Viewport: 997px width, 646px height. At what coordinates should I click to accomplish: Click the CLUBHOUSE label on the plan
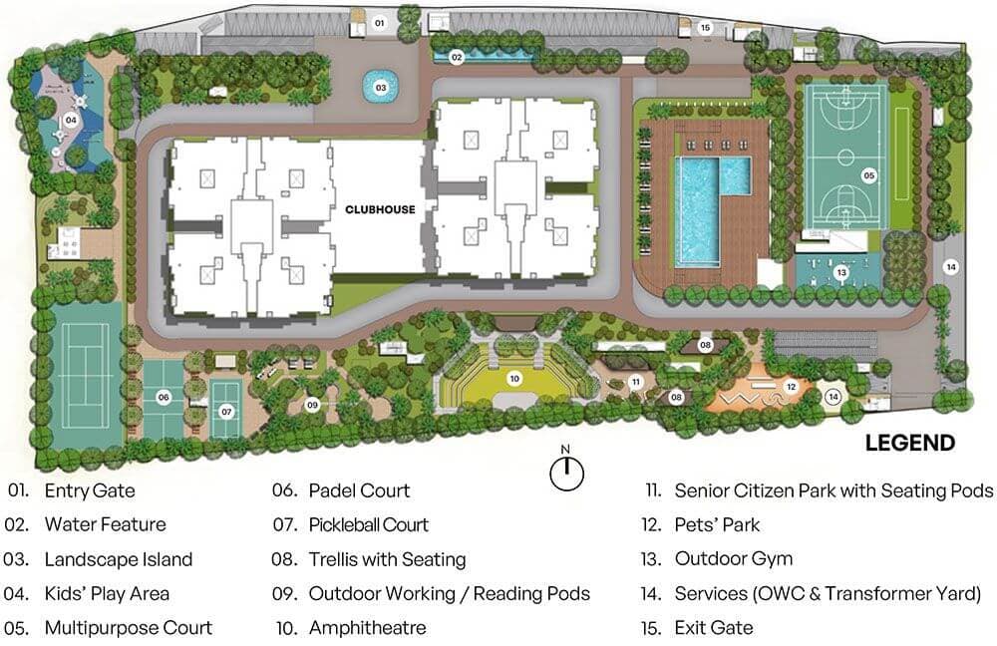point(380,209)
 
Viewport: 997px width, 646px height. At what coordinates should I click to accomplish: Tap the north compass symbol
point(566,474)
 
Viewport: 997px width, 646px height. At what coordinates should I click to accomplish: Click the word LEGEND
point(909,444)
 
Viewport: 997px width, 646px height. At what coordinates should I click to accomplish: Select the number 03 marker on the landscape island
point(381,88)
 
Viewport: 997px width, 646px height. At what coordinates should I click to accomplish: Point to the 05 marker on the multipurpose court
point(868,175)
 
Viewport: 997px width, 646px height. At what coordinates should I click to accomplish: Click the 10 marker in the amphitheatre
point(514,378)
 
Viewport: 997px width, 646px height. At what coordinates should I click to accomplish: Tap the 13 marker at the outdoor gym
point(841,272)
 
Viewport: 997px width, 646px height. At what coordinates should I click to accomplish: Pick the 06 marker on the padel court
point(164,397)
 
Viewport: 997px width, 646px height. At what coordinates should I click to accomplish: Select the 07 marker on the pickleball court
point(226,410)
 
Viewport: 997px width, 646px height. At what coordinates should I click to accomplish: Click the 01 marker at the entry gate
point(379,21)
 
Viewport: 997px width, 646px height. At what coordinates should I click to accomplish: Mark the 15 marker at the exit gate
point(705,28)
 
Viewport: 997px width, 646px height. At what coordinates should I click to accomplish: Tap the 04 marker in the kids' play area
point(71,120)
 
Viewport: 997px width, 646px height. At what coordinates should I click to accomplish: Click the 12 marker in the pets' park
point(791,387)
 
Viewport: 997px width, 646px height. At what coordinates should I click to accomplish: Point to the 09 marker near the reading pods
point(312,405)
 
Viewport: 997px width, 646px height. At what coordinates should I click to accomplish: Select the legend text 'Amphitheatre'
point(367,628)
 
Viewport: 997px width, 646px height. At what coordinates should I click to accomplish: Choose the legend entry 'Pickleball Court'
point(368,524)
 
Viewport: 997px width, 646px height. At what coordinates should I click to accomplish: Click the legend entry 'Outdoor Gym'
point(733,559)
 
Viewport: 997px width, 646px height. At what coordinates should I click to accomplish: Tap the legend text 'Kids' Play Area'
point(107,593)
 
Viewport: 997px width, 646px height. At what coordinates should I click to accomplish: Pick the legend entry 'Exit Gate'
point(714,628)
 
